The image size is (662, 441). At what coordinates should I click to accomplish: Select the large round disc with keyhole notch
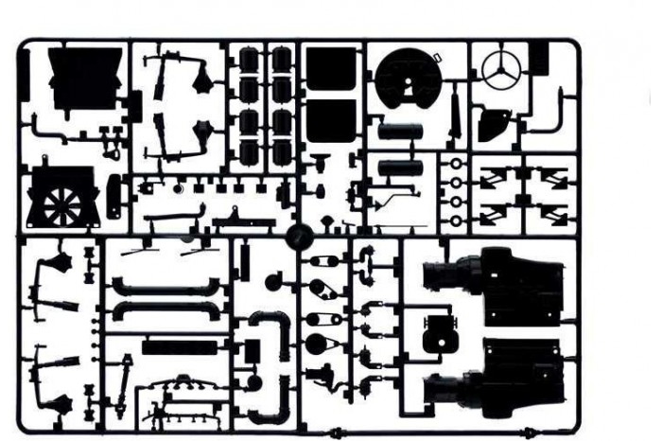pos(407,79)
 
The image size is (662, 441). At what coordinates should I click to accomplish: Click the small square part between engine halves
pos(437,332)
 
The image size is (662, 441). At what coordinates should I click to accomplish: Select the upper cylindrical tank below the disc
pos(402,131)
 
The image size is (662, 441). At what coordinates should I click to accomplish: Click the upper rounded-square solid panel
pos(330,69)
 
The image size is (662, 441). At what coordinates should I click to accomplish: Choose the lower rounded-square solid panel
pos(330,115)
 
